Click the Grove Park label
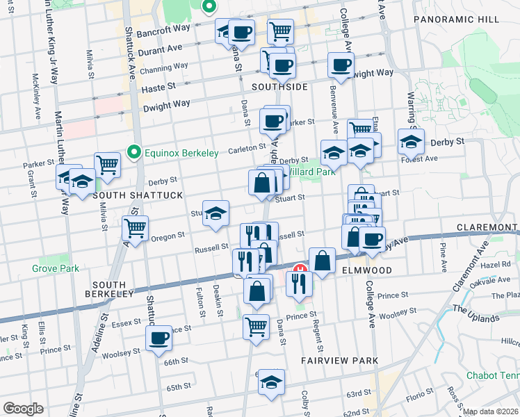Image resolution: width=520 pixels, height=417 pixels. click(55, 268)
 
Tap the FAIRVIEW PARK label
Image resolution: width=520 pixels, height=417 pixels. click(340, 361)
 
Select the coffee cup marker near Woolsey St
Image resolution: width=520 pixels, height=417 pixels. click(159, 338)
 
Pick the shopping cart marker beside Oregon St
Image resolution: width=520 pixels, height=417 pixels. click(135, 227)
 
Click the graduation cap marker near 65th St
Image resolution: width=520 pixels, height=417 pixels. click(271, 382)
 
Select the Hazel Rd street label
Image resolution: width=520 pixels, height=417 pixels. click(495, 265)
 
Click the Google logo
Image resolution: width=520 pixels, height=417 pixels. click(23, 409)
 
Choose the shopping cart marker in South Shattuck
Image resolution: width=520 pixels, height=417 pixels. click(108, 165)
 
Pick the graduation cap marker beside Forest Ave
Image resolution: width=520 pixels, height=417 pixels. click(411, 142)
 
